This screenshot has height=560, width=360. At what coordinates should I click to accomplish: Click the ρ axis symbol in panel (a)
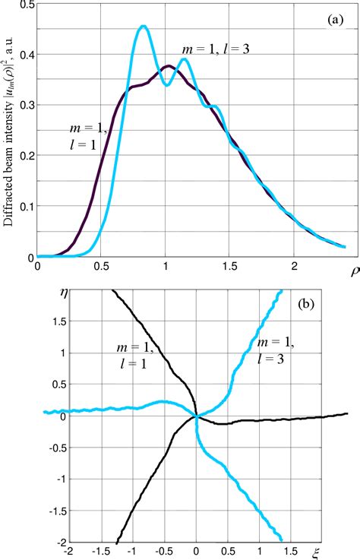click(352, 270)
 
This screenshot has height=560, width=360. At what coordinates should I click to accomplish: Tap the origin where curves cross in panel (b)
click(196, 416)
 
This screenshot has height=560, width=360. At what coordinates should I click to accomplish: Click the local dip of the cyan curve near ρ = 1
click(166, 84)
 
